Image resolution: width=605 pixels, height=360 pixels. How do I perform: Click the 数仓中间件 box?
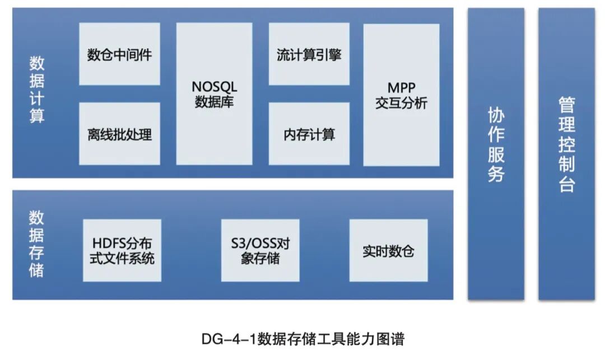click(119, 54)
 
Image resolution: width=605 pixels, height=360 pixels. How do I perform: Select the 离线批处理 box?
click(119, 134)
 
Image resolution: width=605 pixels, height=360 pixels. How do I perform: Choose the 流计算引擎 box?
click(309, 54)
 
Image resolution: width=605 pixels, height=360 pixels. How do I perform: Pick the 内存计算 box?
click(309, 134)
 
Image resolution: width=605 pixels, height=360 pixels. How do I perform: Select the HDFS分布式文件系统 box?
click(122, 250)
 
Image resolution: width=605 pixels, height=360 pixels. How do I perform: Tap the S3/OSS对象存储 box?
click(260, 250)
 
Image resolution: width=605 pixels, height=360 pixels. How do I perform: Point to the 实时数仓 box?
click(388, 250)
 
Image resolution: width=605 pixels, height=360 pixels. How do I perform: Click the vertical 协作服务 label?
click(496, 145)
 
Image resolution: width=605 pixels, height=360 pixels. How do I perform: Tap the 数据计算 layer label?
click(37, 90)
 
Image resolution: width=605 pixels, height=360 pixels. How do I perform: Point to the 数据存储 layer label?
click(36, 244)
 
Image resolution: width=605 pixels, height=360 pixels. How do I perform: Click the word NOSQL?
click(215, 87)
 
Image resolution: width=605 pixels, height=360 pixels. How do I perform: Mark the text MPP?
click(401, 88)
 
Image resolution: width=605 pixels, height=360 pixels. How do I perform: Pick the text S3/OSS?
click(250, 244)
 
